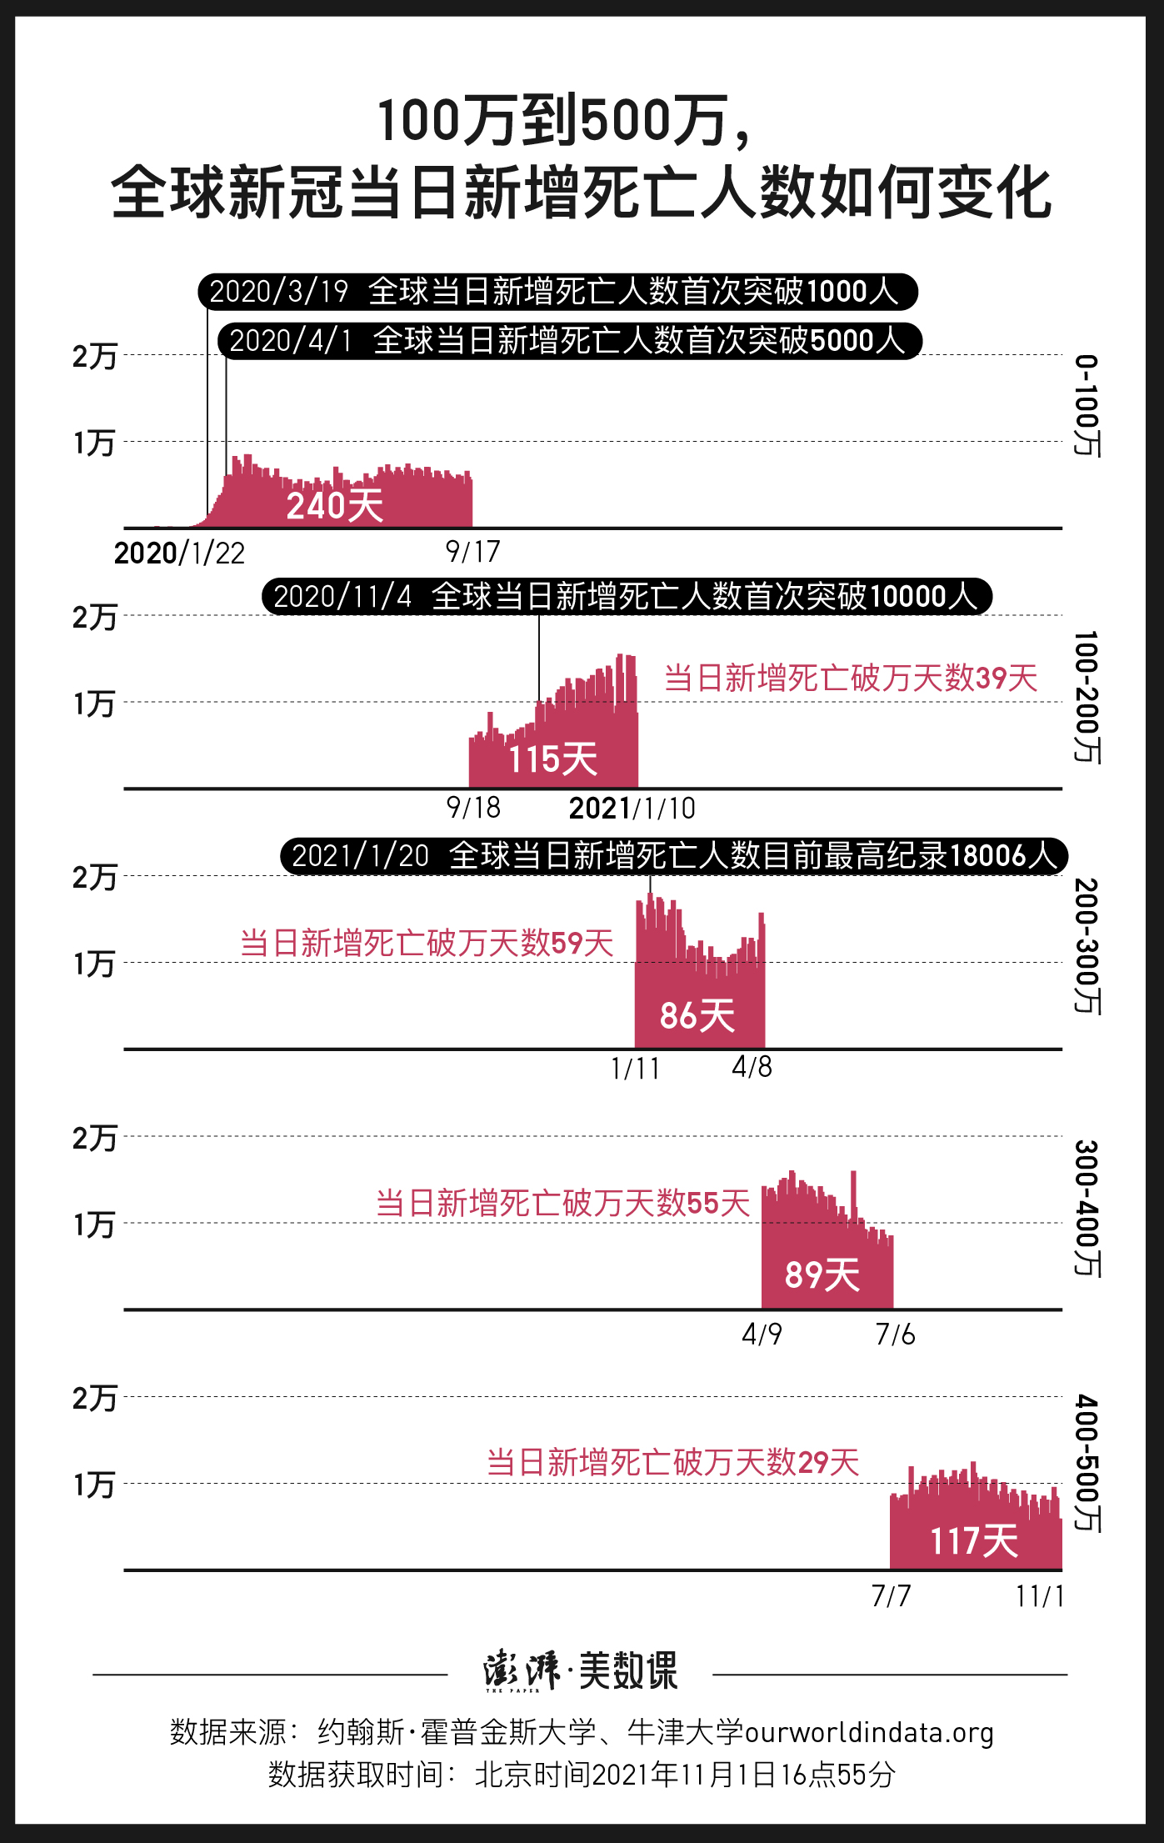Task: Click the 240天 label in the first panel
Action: point(334,505)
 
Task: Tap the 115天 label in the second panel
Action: point(552,759)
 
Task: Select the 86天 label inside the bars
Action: point(697,1016)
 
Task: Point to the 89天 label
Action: point(822,1275)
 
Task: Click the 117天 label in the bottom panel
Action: point(974,1540)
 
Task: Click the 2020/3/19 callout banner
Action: point(557,292)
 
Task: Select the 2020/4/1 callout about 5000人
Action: point(569,341)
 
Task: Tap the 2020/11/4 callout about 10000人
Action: point(627,597)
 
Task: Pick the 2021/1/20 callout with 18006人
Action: point(673,856)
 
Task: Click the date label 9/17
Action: point(472,552)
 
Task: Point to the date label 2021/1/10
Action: point(632,809)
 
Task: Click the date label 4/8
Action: point(752,1067)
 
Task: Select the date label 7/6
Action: point(895,1335)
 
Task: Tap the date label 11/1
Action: point(1040,1596)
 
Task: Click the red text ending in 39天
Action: point(850,679)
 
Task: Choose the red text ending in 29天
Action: point(673,1463)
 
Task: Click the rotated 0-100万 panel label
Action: point(1087,406)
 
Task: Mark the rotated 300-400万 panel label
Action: point(1087,1208)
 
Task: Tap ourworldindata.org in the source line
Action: point(869,1732)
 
